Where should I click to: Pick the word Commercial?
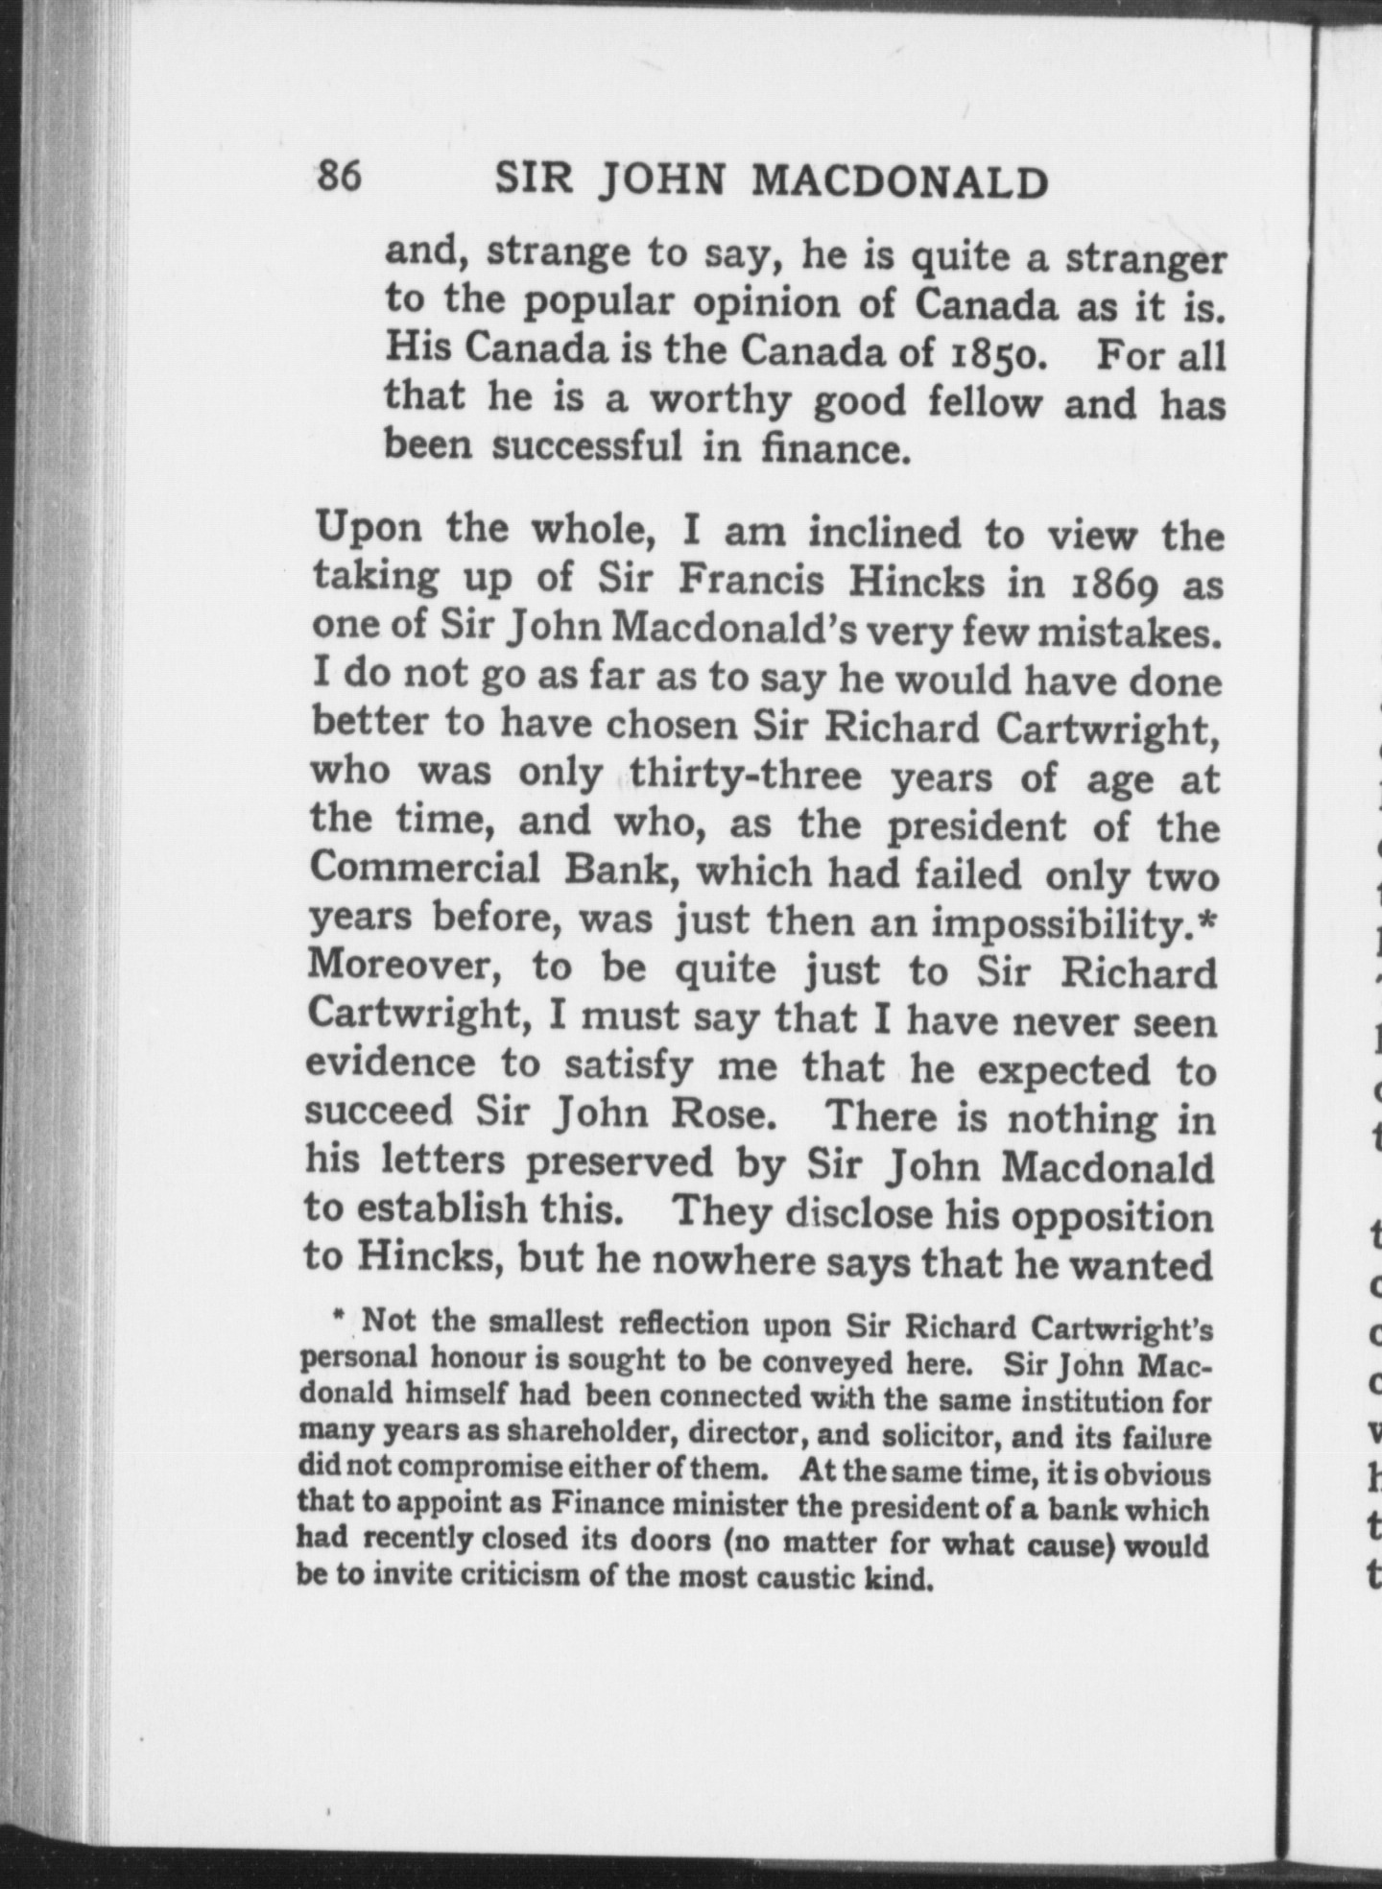[426, 870]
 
